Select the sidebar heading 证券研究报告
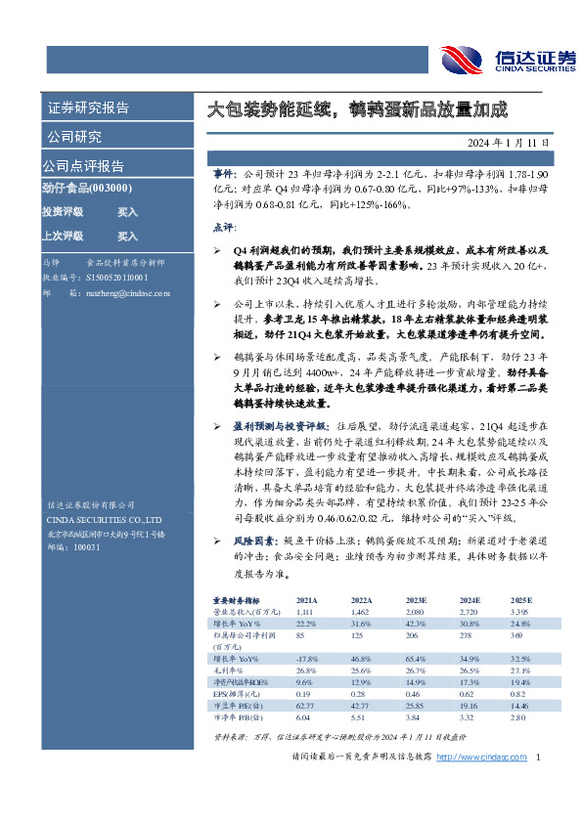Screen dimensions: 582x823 click(88, 108)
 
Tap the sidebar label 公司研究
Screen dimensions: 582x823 click(74, 137)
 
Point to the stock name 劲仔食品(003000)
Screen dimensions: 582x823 click(89, 189)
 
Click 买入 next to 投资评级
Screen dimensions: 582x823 click(128, 211)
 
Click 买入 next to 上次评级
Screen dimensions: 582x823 click(128, 236)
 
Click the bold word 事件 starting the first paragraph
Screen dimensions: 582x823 click(222, 172)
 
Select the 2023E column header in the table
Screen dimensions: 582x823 click(415, 599)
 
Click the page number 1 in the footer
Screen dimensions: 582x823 click(540, 757)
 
